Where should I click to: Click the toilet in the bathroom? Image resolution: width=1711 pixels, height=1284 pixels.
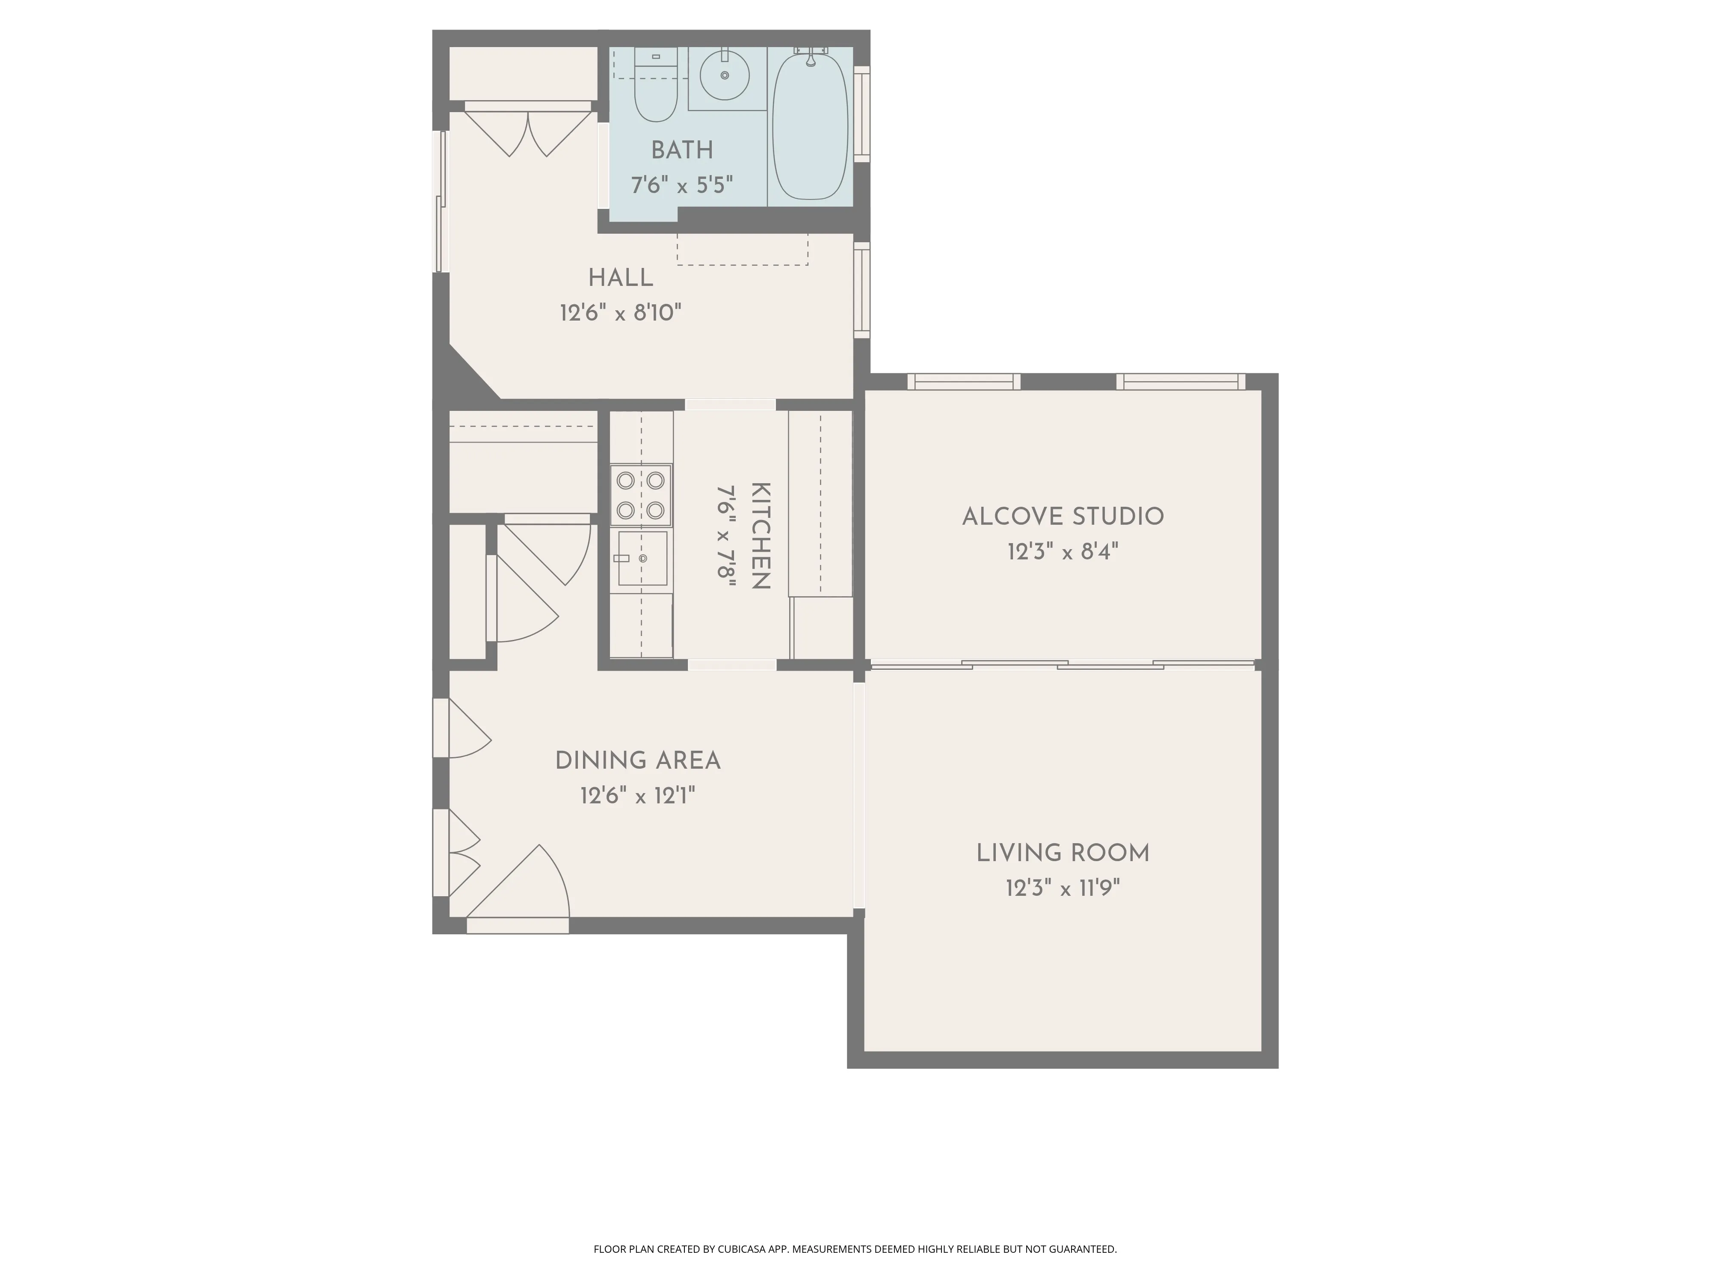point(655,89)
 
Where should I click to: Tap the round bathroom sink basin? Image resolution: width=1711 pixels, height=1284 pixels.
point(725,75)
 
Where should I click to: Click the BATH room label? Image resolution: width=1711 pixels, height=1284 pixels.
point(681,150)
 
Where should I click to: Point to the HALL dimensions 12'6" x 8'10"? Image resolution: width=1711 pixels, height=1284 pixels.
point(620,313)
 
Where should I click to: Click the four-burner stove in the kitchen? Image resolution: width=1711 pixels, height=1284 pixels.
point(640,495)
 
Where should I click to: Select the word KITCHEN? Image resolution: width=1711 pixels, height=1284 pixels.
point(761,535)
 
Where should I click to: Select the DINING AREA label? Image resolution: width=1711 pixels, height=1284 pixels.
point(637,761)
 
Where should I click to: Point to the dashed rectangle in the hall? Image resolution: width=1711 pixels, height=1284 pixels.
point(743,249)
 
